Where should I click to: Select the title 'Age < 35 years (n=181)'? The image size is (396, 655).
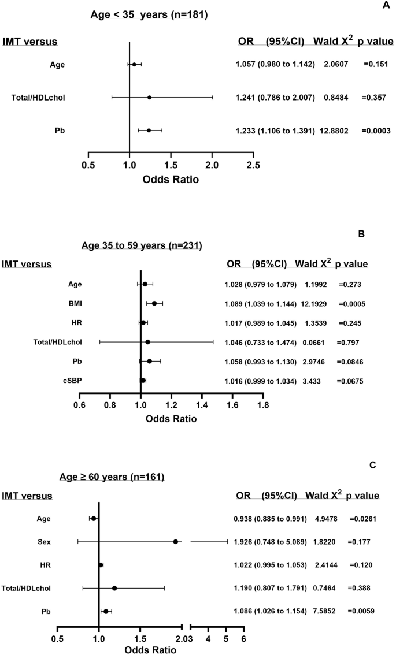(x=150, y=15)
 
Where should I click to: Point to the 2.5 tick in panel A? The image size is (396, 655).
(x=253, y=166)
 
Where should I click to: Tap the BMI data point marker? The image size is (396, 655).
(x=154, y=303)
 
